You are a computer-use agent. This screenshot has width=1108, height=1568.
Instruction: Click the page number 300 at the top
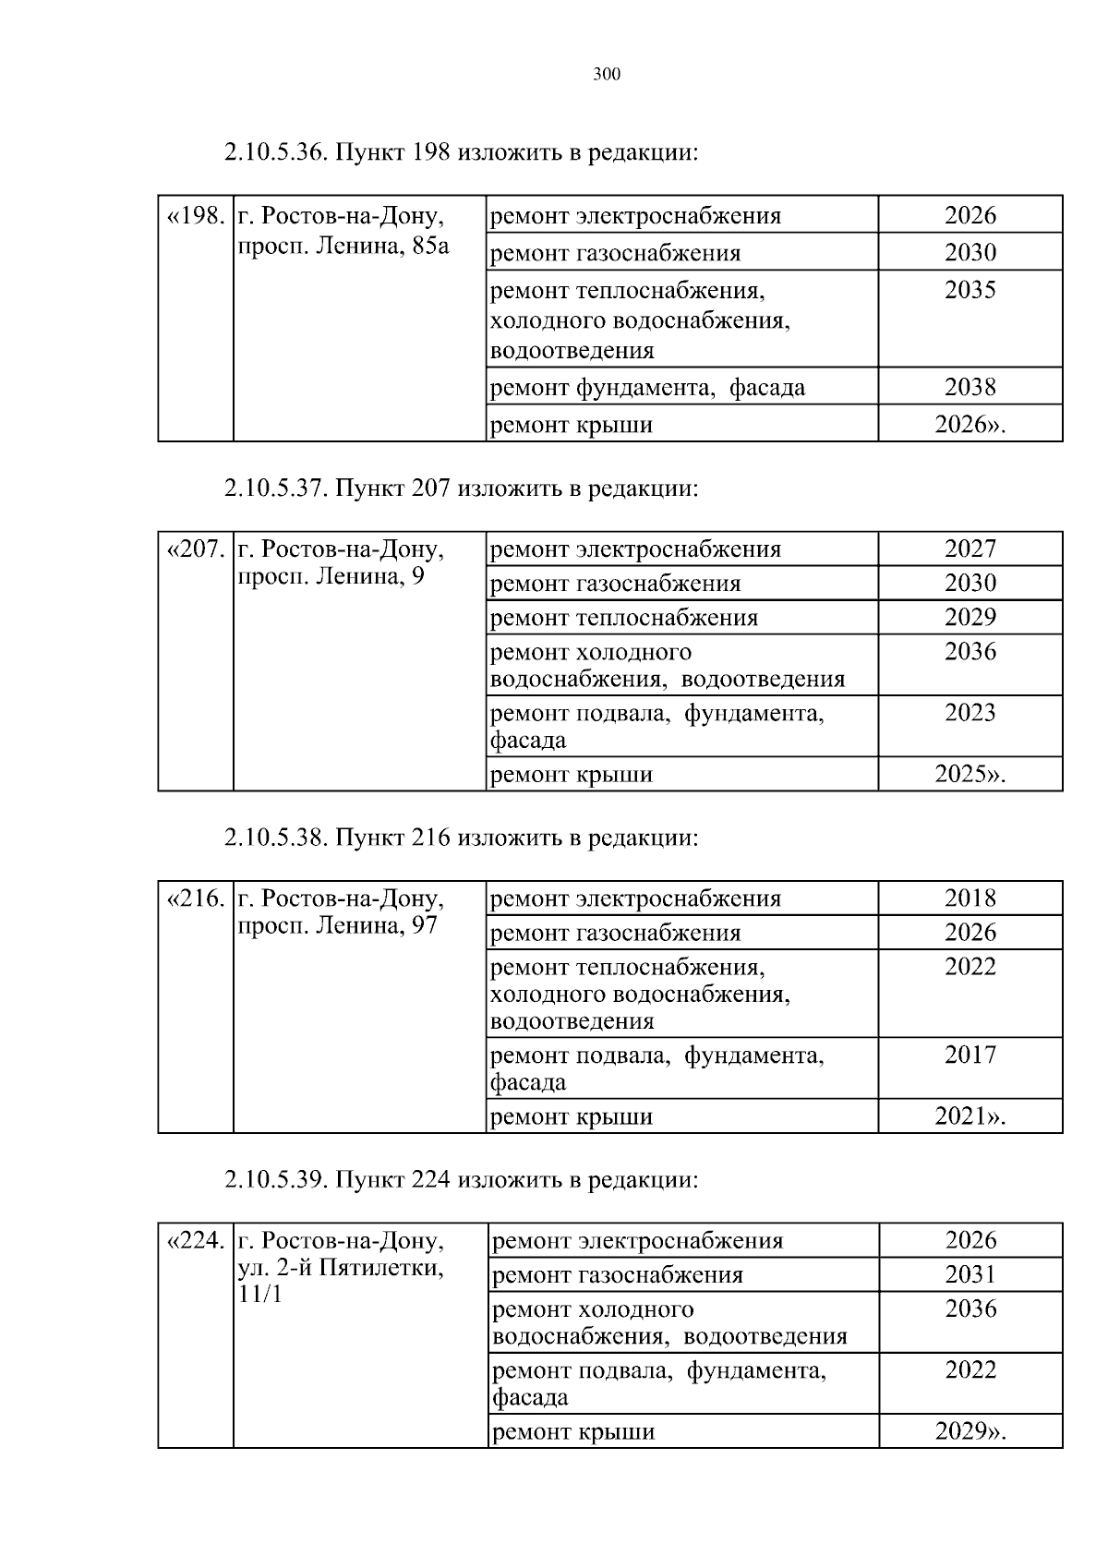point(606,75)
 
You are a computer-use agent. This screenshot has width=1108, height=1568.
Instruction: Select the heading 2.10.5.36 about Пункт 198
point(461,152)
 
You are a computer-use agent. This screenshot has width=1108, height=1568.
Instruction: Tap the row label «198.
point(195,216)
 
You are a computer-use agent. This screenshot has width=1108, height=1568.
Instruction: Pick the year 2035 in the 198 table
point(970,290)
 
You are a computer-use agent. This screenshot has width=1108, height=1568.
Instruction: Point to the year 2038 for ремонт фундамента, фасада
point(970,387)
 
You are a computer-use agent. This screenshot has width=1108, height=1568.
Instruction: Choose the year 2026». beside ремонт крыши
point(970,425)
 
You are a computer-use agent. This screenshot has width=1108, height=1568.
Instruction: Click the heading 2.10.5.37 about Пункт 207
point(461,488)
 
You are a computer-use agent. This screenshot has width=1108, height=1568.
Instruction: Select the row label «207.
point(195,549)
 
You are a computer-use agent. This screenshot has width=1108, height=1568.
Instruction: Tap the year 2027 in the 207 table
point(970,549)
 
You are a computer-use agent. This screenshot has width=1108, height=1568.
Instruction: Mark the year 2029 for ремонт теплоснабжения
point(970,618)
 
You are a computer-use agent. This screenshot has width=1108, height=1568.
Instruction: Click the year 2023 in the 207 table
point(970,713)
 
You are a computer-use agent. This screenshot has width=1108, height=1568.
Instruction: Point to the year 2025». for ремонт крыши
point(970,775)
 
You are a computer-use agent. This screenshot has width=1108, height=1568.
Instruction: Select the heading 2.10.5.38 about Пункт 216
point(461,838)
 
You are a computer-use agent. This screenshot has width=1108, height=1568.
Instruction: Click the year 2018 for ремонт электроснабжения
point(970,899)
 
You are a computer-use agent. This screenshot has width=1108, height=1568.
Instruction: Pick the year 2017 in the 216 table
point(970,1055)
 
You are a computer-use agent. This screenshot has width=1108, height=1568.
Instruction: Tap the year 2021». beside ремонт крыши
point(970,1116)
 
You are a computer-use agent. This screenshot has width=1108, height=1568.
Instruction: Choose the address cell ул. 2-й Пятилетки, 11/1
point(341,1267)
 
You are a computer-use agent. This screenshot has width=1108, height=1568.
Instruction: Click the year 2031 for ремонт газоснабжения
point(970,1275)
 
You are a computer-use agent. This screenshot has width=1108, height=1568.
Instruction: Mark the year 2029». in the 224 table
point(970,1432)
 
